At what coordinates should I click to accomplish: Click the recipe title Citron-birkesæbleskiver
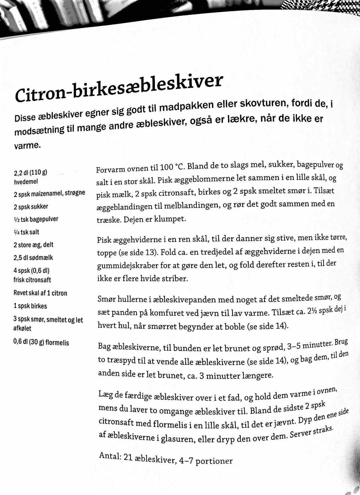point(119,87)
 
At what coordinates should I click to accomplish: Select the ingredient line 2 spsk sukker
point(31,206)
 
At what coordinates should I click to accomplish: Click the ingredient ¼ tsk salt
point(26,232)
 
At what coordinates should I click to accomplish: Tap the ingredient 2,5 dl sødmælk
point(33,258)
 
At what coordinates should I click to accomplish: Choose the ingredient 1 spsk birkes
point(30,306)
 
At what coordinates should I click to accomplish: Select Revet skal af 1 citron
point(40,293)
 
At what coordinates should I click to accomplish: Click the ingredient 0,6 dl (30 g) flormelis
point(41,342)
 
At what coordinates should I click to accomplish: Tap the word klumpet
point(170,219)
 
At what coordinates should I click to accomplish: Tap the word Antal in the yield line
point(110,456)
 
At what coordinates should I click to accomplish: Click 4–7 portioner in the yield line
point(205,460)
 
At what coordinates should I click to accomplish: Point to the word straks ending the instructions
point(322,430)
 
